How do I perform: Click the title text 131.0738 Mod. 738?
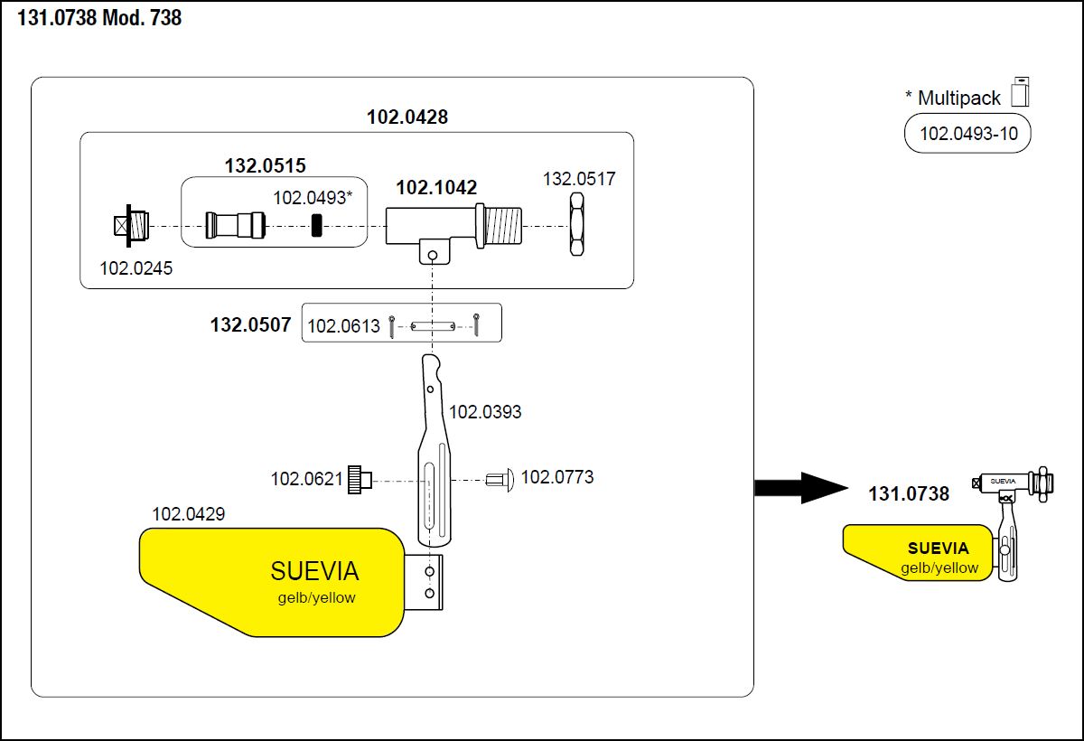pyautogui.click(x=99, y=18)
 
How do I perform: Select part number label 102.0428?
pyautogui.click(x=407, y=117)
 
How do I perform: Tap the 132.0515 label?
pyautogui.click(x=266, y=165)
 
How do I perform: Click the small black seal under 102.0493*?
pyautogui.click(x=316, y=225)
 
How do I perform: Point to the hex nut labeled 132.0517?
pyautogui.click(x=576, y=224)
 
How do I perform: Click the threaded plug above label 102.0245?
pyautogui.click(x=131, y=226)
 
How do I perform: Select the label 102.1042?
pyautogui.click(x=436, y=187)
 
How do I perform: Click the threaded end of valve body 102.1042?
pyautogui.click(x=503, y=226)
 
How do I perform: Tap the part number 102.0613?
pyautogui.click(x=343, y=326)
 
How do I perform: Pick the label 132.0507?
pyautogui.click(x=251, y=324)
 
